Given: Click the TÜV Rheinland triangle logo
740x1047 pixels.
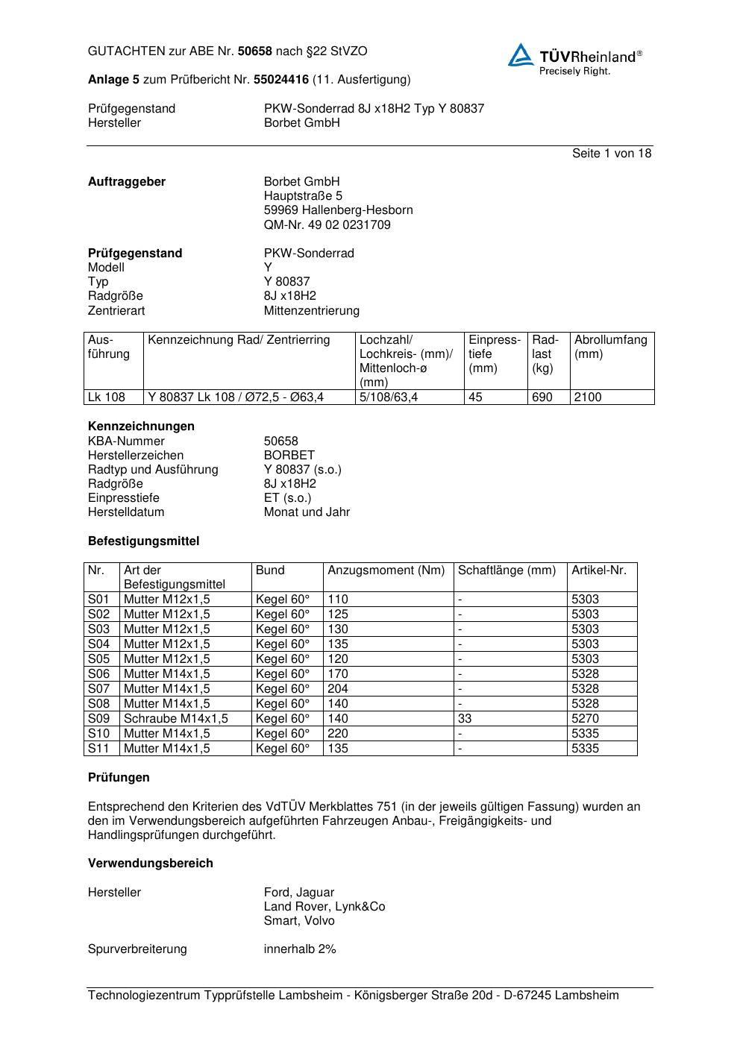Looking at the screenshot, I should (x=521, y=55).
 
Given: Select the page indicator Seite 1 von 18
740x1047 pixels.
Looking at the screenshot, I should (x=611, y=154).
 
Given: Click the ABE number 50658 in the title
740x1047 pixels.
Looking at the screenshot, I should (x=255, y=51).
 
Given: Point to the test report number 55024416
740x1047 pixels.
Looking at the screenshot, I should (x=281, y=80).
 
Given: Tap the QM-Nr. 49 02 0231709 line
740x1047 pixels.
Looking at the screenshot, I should (x=327, y=225).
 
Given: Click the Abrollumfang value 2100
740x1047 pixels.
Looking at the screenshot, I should (x=588, y=397).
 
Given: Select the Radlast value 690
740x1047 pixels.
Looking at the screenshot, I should (x=542, y=397).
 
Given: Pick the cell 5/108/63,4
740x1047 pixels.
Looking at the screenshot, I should (x=389, y=397).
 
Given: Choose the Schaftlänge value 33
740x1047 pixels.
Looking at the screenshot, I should (x=465, y=719).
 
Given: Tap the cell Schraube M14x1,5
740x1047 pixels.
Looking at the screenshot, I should (x=176, y=719).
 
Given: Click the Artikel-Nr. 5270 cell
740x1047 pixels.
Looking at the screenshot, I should (x=586, y=719).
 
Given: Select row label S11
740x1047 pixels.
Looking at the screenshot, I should (x=98, y=749).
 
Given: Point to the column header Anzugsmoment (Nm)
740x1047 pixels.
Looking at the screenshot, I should (x=386, y=570).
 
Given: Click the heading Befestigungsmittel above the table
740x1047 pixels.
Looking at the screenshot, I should (x=143, y=541).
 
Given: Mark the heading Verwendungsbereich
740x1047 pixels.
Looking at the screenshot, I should (x=151, y=864).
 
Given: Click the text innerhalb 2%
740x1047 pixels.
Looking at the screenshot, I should (x=300, y=949).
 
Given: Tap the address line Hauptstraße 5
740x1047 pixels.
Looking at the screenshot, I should (x=303, y=196).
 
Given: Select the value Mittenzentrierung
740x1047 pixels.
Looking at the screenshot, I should (x=311, y=311).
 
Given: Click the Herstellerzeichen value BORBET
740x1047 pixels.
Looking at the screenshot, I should (x=289, y=456).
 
